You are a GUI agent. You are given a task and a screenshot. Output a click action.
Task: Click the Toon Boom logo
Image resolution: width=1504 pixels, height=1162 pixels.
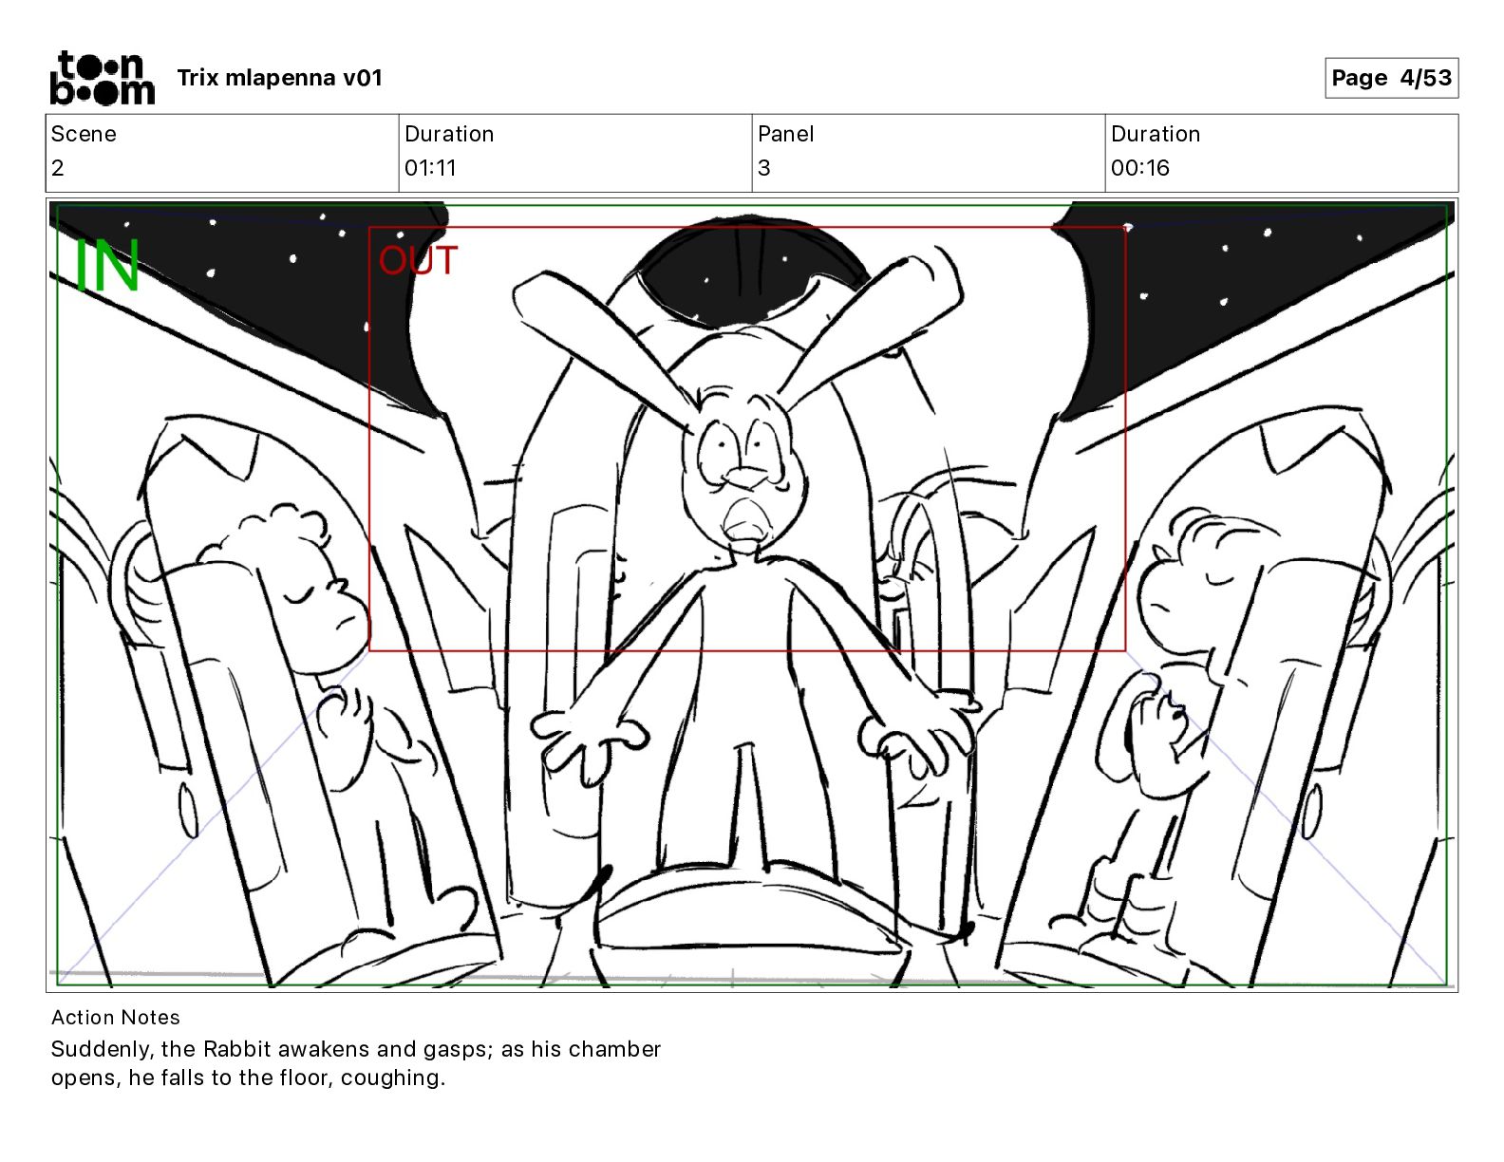coord(103,78)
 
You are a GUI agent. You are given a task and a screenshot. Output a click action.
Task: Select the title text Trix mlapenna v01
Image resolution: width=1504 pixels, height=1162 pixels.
coord(279,78)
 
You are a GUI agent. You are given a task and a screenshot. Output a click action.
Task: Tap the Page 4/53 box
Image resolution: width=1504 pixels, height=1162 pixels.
coord(1391,78)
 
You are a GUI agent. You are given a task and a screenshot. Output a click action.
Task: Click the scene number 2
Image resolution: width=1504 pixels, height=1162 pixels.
coord(58,167)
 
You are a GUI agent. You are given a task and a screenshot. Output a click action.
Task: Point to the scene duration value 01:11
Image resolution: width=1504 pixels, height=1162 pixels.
coord(430,167)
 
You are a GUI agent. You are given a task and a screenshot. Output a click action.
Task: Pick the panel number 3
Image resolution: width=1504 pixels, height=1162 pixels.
coord(764,167)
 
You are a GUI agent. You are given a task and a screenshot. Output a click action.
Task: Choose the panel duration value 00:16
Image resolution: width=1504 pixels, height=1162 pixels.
coord(1140,167)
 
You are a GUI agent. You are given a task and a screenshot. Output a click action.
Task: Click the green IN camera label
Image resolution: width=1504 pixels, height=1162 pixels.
coord(107,265)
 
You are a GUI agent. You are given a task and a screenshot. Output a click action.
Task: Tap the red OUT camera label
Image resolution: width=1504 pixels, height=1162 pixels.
coord(418,261)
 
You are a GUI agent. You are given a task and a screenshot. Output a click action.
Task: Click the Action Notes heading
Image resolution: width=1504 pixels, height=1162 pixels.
coord(116,1018)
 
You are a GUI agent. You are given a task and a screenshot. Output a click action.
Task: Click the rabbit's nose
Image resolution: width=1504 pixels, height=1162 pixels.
coord(744,477)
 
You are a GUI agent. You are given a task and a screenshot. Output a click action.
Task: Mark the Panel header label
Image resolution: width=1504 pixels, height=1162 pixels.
coord(785,134)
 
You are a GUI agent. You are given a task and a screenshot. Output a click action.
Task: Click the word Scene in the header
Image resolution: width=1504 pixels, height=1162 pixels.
coord(84,134)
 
